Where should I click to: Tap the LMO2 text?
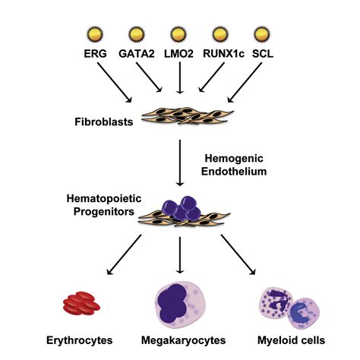point(178,54)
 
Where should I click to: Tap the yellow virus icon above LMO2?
point(178,34)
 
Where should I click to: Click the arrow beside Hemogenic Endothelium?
point(178,161)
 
